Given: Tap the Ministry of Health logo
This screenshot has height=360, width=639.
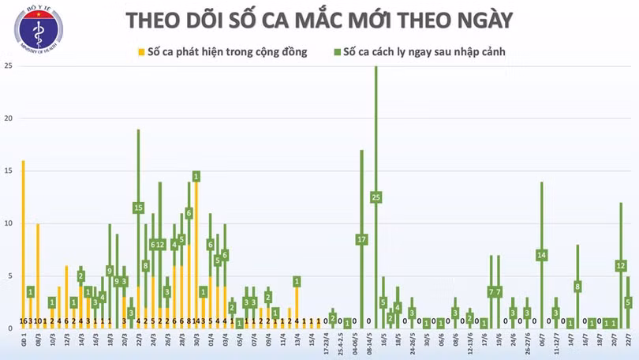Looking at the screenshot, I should tap(38, 29).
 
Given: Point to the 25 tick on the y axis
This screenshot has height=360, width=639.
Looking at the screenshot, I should tap(8, 66).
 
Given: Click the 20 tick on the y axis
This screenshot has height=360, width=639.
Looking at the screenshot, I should tap(8, 118).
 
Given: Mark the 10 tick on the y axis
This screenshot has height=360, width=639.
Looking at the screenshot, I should tap(8, 223).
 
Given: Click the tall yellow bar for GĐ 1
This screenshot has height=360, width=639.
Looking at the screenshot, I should tap(23, 237).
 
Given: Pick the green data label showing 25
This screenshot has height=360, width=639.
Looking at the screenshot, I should tap(376, 197).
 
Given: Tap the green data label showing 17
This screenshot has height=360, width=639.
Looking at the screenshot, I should tap(361, 239).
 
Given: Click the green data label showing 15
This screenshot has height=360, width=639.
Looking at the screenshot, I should tap(138, 208).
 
